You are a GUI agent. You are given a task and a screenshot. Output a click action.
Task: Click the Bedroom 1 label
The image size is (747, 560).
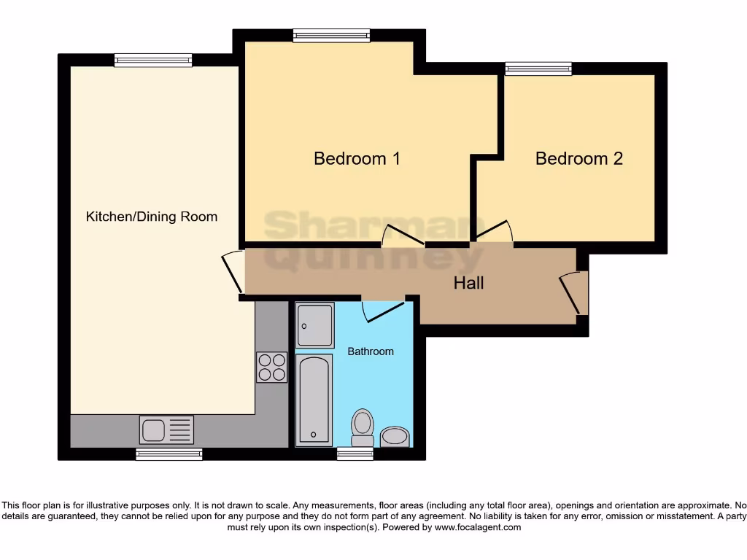coord(357,158)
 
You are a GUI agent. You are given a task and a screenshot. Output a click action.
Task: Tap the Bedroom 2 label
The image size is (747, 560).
coord(578,158)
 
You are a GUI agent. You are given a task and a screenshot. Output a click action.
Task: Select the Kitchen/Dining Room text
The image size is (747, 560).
coord(152,217)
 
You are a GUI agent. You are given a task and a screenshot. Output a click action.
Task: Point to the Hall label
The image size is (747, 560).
coord(468,283)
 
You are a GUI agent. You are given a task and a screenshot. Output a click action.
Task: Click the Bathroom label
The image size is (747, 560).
coord(370,351)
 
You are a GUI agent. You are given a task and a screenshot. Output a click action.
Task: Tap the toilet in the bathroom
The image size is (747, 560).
coord(362,427)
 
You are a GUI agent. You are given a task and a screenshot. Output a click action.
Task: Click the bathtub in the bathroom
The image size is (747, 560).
coord(314,400)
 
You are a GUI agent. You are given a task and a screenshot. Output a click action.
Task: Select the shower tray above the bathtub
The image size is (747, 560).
coord(315,324)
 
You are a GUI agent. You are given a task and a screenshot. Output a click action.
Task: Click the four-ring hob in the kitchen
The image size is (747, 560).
coord(271,367)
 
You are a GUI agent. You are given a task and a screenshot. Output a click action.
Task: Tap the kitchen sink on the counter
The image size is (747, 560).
coord(166,429)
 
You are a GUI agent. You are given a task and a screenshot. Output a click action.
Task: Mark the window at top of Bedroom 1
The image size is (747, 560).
coord(331,34)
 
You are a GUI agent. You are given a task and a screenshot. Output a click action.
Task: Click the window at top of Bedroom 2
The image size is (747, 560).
coord(538,69)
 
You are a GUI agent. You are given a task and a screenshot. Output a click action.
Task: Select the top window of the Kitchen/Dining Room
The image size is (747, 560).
coord(152,60)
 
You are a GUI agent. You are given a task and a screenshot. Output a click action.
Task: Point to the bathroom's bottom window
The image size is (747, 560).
coord(355,454)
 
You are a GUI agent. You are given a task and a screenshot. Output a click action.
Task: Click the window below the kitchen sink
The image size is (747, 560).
coord(169,454)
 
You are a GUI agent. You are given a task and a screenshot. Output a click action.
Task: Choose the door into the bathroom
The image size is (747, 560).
coord(384,310)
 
